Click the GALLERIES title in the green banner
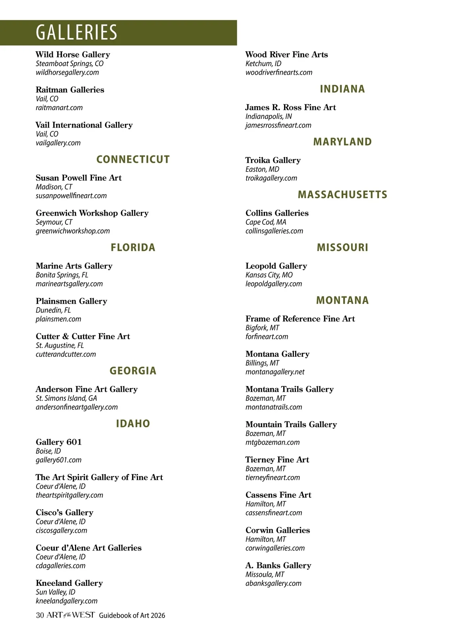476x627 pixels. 77,32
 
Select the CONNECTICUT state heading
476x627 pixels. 133,159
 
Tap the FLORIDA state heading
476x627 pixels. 133,248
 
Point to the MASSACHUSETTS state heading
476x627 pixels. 342,195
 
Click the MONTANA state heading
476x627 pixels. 342,300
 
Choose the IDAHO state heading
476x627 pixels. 133,424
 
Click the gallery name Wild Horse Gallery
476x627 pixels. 73,55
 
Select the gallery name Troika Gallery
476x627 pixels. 273,160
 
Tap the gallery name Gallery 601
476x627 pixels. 59,442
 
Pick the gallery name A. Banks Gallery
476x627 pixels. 278,565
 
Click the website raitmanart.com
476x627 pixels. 59,107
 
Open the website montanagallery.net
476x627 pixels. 275,372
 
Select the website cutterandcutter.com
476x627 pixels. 66,354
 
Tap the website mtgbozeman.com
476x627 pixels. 273,442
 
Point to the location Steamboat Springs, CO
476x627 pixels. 69,64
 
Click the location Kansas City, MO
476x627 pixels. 269,275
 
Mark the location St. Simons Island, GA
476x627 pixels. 66,398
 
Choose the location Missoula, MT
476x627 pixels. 265,574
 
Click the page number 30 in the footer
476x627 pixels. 39,616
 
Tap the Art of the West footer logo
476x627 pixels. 71,615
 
